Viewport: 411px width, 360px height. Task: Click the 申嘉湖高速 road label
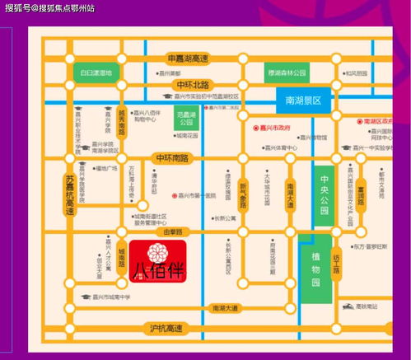pos(187,58)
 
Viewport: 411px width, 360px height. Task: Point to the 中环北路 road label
pos(192,85)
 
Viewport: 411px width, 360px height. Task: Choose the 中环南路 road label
pos(171,157)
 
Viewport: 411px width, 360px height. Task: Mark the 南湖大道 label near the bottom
pos(224,308)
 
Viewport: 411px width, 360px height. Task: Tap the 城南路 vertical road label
pos(121,258)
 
